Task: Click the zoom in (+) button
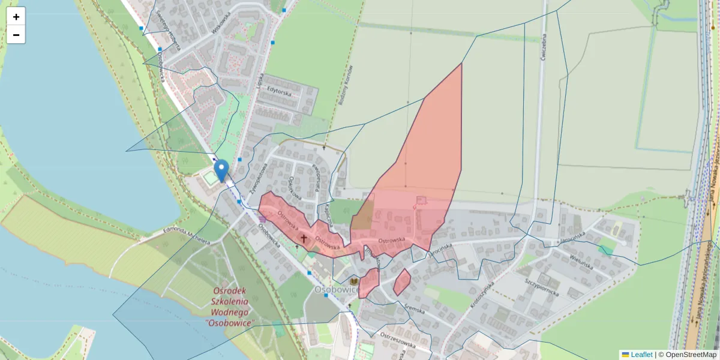16,17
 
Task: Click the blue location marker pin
222,170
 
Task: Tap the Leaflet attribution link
641,355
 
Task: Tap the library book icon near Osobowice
354,281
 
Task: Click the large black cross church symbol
304,239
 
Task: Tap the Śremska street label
413,310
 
